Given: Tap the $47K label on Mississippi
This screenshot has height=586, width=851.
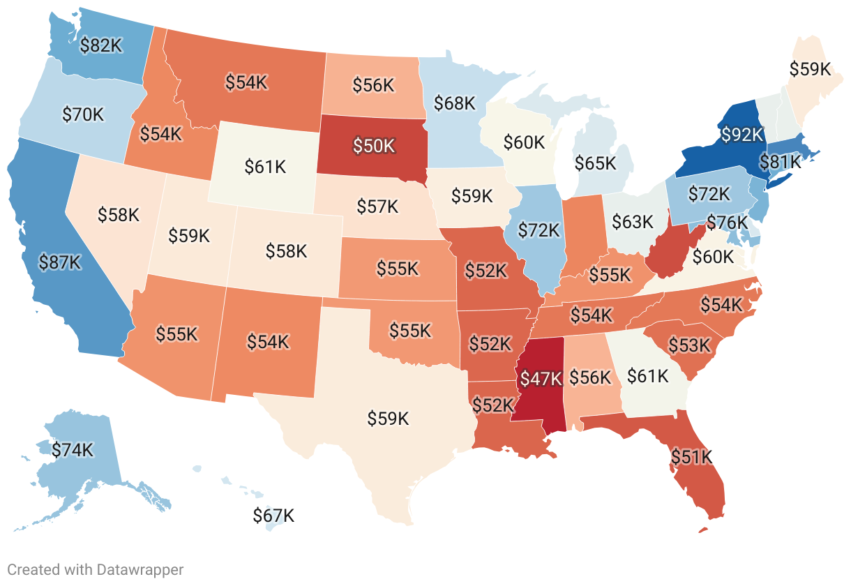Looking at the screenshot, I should (x=541, y=379).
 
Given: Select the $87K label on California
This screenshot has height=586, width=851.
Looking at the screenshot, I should (x=61, y=262).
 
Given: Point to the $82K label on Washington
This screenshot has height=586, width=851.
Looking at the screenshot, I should (x=101, y=45).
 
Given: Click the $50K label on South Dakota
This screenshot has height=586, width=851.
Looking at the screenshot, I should (x=374, y=146).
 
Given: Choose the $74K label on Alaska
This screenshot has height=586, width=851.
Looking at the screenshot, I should (x=72, y=450).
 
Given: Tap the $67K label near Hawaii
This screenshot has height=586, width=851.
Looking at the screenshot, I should (x=273, y=516).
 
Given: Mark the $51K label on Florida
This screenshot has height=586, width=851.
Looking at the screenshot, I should (x=691, y=457).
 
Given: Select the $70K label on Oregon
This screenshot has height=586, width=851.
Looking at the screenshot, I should (x=82, y=114).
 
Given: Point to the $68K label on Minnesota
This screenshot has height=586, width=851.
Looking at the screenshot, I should (x=454, y=103).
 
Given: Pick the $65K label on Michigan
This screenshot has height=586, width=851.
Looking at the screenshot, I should (x=595, y=163).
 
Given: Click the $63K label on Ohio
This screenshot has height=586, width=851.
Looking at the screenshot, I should (x=632, y=222).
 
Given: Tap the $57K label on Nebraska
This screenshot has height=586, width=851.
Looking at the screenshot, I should (x=377, y=206).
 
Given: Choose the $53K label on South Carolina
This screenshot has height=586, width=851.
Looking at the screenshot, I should (x=689, y=345).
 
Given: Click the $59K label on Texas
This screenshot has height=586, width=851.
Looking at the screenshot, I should (x=388, y=419).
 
